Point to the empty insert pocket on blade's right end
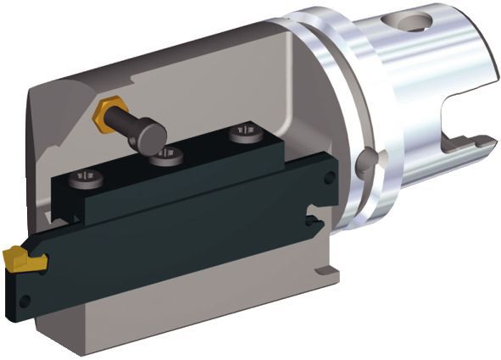pos(315,222)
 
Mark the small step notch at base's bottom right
pos(324,273)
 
